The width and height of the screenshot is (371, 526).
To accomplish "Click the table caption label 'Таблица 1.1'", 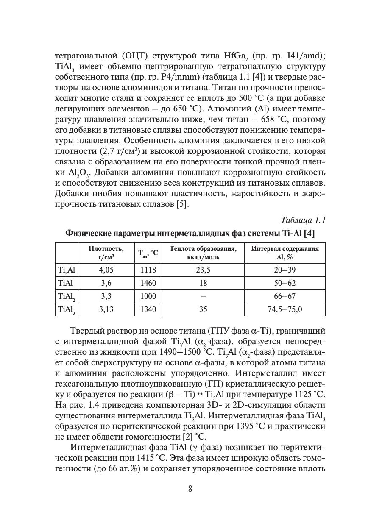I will [303, 220].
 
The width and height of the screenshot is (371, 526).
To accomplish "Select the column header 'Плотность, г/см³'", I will [106, 253].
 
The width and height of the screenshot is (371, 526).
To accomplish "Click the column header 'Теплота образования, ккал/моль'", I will [203, 253].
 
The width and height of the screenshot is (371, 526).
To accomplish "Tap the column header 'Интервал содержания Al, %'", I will [285, 253].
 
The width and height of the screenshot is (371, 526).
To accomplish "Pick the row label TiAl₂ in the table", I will [66, 296].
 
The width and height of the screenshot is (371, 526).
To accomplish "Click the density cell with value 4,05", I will [106, 270].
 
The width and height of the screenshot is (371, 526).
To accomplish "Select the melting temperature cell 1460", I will [148, 283].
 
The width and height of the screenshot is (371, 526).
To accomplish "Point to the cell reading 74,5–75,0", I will [285, 309].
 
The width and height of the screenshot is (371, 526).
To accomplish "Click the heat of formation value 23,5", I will [203, 270].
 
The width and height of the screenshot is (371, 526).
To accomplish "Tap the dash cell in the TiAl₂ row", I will [203, 296].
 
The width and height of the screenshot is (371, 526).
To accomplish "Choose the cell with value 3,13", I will [106, 309].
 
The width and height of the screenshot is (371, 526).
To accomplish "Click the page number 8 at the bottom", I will [190, 489].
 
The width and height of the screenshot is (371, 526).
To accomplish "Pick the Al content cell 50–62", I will [285, 283].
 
